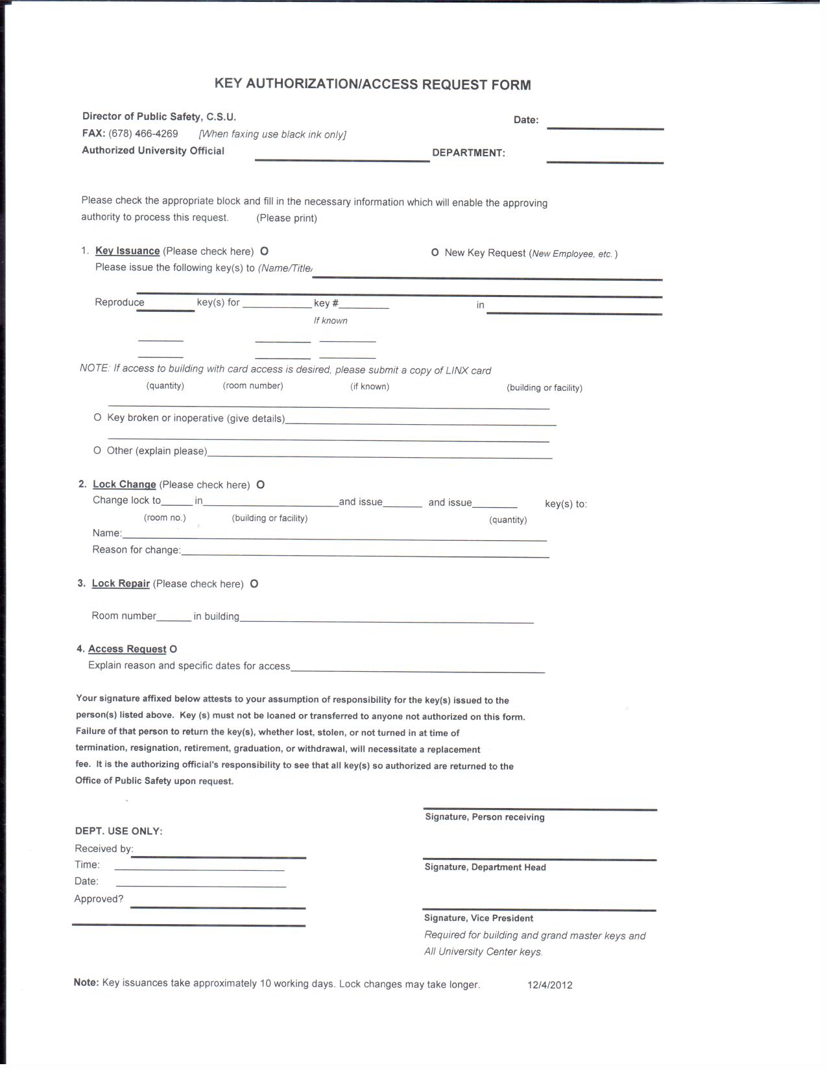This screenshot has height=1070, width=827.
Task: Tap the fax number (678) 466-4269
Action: click(144, 134)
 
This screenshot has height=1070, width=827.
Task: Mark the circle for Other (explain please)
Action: click(98, 451)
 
